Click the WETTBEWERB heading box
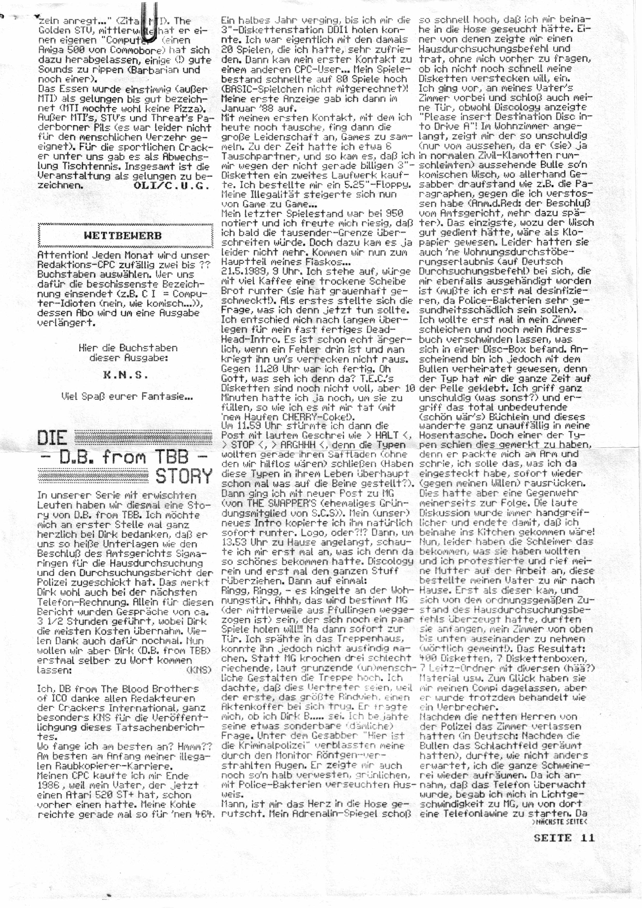[x=125, y=235]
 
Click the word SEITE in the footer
[x=552, y=838]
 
